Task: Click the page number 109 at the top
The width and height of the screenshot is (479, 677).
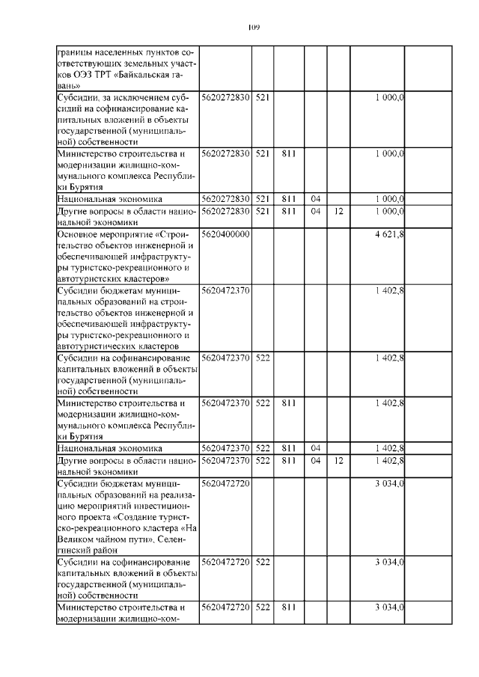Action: pyautogui.click(x=253, y=28)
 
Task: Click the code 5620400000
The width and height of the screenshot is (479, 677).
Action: pyautogui.click(x=225, y=234)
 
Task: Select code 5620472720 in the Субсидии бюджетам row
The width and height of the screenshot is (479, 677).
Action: pyautogui.click(x=225, y=483)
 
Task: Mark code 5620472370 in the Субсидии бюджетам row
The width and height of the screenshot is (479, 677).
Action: pyautogui.click(x=225, y=289)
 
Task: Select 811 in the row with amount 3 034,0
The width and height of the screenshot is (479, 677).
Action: pyautogui.click(x=287, y=607)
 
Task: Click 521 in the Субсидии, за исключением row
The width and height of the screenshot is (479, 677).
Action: pyautogui.click(x=262, y=99)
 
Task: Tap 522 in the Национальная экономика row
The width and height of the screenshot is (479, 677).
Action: pyautogui.click(x=262, y=448)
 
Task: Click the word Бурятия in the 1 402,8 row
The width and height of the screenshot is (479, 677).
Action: pyautogui.click(x=76, y=436)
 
